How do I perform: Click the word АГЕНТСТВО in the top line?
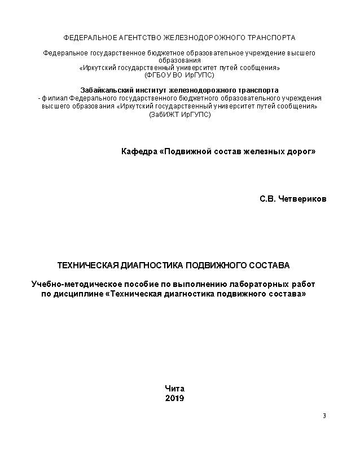139,38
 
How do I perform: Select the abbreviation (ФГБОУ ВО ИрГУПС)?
179,75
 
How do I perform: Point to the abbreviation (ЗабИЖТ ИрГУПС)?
179,114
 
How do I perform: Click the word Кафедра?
139,151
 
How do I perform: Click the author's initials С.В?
267,199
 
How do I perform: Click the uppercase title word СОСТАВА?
269,265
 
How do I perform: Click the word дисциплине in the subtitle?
79,294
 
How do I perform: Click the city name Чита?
174,389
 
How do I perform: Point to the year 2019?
174,398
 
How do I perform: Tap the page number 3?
324,416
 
